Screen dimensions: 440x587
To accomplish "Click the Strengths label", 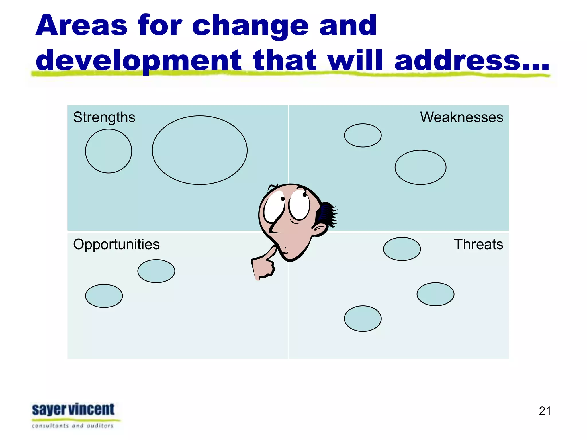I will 104,117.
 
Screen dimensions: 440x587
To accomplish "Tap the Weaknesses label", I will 461,117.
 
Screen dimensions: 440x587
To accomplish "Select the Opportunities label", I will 116,244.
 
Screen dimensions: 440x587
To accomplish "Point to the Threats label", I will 478,244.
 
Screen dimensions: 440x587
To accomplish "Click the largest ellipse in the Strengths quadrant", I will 200,150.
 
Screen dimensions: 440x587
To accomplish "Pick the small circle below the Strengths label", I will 109,151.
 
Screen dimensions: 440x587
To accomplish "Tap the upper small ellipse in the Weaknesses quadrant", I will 363,135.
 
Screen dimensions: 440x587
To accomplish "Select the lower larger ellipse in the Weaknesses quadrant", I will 420,167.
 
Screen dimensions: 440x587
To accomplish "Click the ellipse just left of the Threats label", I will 402,249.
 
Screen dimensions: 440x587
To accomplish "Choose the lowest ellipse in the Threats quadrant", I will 363,319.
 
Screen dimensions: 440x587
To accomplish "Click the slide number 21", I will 545,411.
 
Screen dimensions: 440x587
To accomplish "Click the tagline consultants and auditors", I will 73,426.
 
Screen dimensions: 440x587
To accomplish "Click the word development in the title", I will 139,60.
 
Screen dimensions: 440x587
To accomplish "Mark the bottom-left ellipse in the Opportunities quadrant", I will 104,296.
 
